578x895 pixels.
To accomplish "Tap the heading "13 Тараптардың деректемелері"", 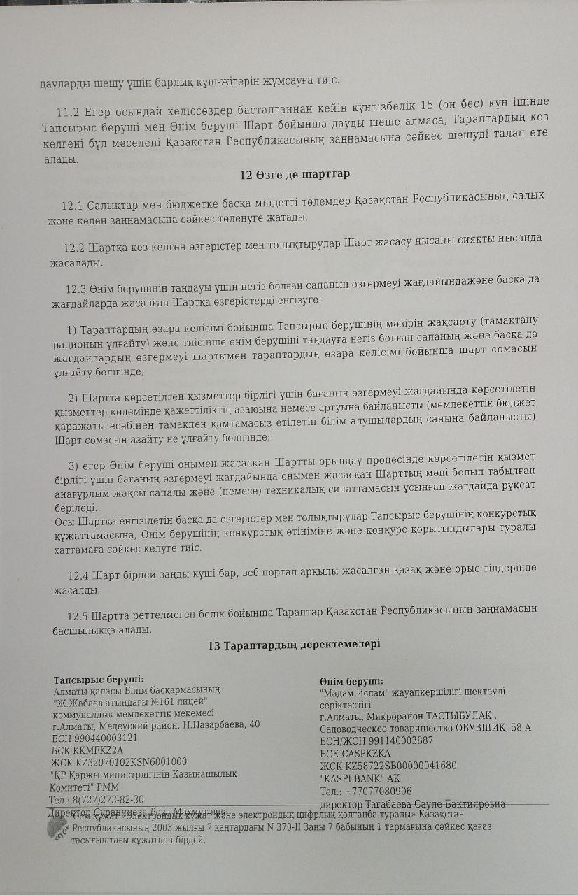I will coord(294,645).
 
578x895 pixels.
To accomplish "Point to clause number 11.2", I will coord(69,112).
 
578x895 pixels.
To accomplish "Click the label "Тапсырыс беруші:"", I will coord(99,679).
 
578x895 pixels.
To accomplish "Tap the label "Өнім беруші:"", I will coord(351,681).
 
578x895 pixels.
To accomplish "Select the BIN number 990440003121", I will coord(106,738).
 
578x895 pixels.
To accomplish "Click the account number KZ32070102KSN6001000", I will coord(129,761).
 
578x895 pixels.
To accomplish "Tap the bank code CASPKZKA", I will coord(367,753).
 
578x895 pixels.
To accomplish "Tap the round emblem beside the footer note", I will coord(57,829).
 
